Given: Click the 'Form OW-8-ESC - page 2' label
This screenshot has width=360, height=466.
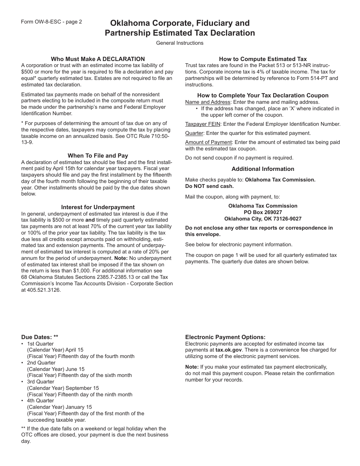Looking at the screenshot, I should pyautogui.click(x=52, y=22).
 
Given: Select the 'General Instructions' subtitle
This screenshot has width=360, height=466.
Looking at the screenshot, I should pyautogui.click(x=180, y=43).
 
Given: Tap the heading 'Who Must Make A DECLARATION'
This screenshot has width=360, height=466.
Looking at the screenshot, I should pyautogui.click(x=98, y=59).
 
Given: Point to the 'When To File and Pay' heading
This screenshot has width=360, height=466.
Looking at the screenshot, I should pyautogui.click(x=98, y=156).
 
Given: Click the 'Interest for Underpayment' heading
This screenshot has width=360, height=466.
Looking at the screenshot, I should pyautogui.click(x=98, y=207).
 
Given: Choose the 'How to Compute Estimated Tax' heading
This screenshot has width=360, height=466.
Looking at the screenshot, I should pyautogui.click(x=263, y=59).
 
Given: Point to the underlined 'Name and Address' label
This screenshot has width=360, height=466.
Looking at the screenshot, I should pyautogui.click(x=208, y=102).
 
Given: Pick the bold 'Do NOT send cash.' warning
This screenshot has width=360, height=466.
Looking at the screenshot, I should pyautogui.click(x=209, y=186).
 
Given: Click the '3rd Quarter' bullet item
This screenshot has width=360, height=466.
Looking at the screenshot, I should pyautogui.click(x=40, y=382).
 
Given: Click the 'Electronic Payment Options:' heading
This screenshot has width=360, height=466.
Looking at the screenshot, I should pyautogui.click(x=225, y=337).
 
